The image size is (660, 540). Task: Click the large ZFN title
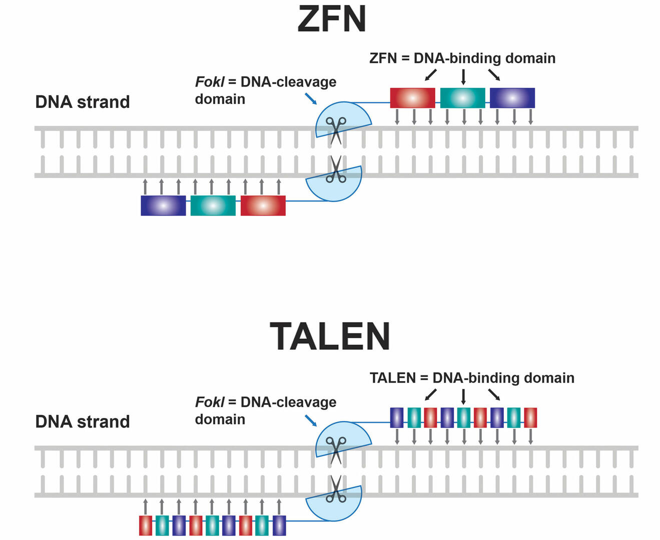331,19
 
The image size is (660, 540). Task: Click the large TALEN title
330,336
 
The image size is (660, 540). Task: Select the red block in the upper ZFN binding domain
412,98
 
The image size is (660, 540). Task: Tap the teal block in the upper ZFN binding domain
462,98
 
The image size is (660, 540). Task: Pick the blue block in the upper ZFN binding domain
512,98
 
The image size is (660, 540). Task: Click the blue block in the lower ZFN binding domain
163,205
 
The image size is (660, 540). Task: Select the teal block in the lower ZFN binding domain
213,205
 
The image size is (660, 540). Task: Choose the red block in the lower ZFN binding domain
263,205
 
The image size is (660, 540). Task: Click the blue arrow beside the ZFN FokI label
311,98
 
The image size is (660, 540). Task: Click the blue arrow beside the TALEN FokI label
311,420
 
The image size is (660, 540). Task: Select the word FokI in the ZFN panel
210,82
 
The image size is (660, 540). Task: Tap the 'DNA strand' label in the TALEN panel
83,421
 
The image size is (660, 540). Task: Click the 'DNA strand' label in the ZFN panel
83,102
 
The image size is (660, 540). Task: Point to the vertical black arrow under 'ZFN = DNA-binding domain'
463,77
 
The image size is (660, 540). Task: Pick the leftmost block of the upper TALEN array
397,417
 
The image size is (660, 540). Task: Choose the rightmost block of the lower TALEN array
279,525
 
